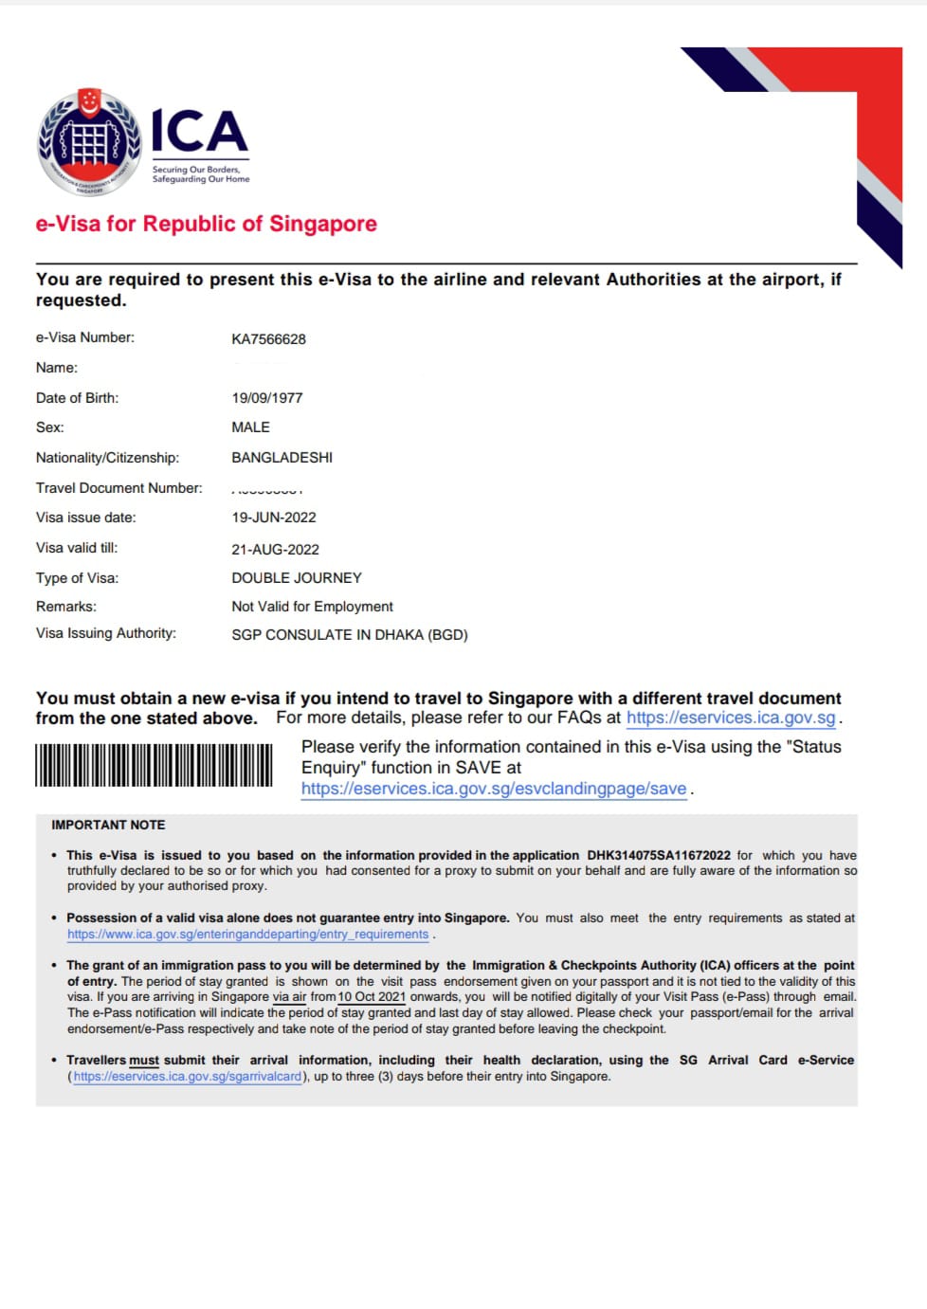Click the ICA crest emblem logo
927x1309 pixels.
pyautogui.click(x=89, y=142)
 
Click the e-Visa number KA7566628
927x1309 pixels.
pyautogui.click(x=268, y=339)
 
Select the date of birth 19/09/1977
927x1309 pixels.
pyautogui.click(x=266, y=398)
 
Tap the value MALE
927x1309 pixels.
pyautogui.click(x=250, y=427)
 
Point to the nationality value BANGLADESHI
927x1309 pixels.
pyautogui.click(x=282, y=458)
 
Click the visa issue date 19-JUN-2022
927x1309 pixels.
pyautogui.click(x=273, y=518)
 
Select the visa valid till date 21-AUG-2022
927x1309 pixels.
pyautogui.click(x=275, y=550)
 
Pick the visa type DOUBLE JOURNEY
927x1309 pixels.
pyautogui.click(x=296, y=578)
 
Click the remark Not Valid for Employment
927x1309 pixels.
pyautogui.click(x=312, y=607)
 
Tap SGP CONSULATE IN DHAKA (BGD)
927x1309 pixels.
pyautogui.click(x=349, y=635)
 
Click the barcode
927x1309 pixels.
pyautogui.click(x=154, y=766)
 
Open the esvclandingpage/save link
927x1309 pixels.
pyautogui.click(x=493, y=789)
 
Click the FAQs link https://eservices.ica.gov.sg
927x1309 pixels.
pyautogui.click(x=731, y=718)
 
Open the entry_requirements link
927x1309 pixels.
pyautogui.click(x=247, y=935)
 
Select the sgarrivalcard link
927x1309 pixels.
pyautogui.click(x=187, y=1077)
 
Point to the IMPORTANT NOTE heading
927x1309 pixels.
pyautogui.click(x=108, y=826)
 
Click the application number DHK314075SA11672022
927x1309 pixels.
pyautogui.click(x=658, y=855)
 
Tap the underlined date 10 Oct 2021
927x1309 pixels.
pyautogui.click(x=372, y=997)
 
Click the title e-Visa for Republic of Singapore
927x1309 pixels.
pyautogui.click(x=206, y=224)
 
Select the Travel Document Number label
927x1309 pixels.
pyautogui.click(x=118, y=488)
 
